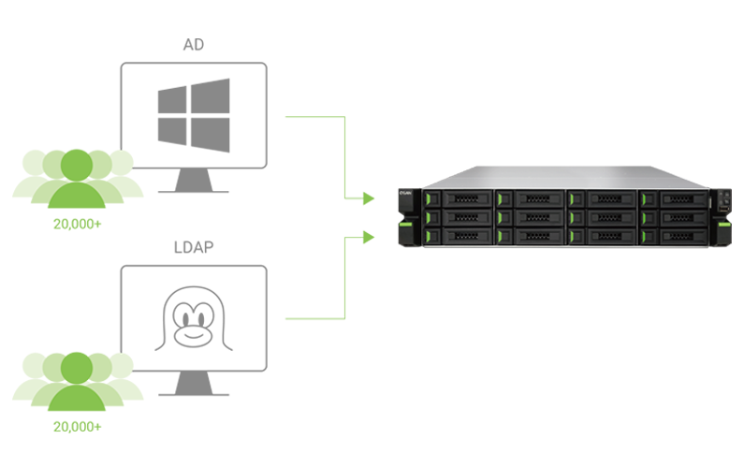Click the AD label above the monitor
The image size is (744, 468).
pos(193,46)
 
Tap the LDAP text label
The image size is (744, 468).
pos(193,248)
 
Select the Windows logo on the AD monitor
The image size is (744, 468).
pos(193,115)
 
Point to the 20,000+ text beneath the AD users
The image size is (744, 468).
pos(77,225)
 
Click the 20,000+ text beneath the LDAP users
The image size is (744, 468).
pos(77,427)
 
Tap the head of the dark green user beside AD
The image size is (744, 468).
pos(77,165)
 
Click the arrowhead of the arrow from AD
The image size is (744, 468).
pos(368,198)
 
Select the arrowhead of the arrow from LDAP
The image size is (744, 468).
pos(368,238)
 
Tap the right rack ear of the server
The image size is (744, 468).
pos(723,217)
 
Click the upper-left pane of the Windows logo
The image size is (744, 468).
pos(173,100)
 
